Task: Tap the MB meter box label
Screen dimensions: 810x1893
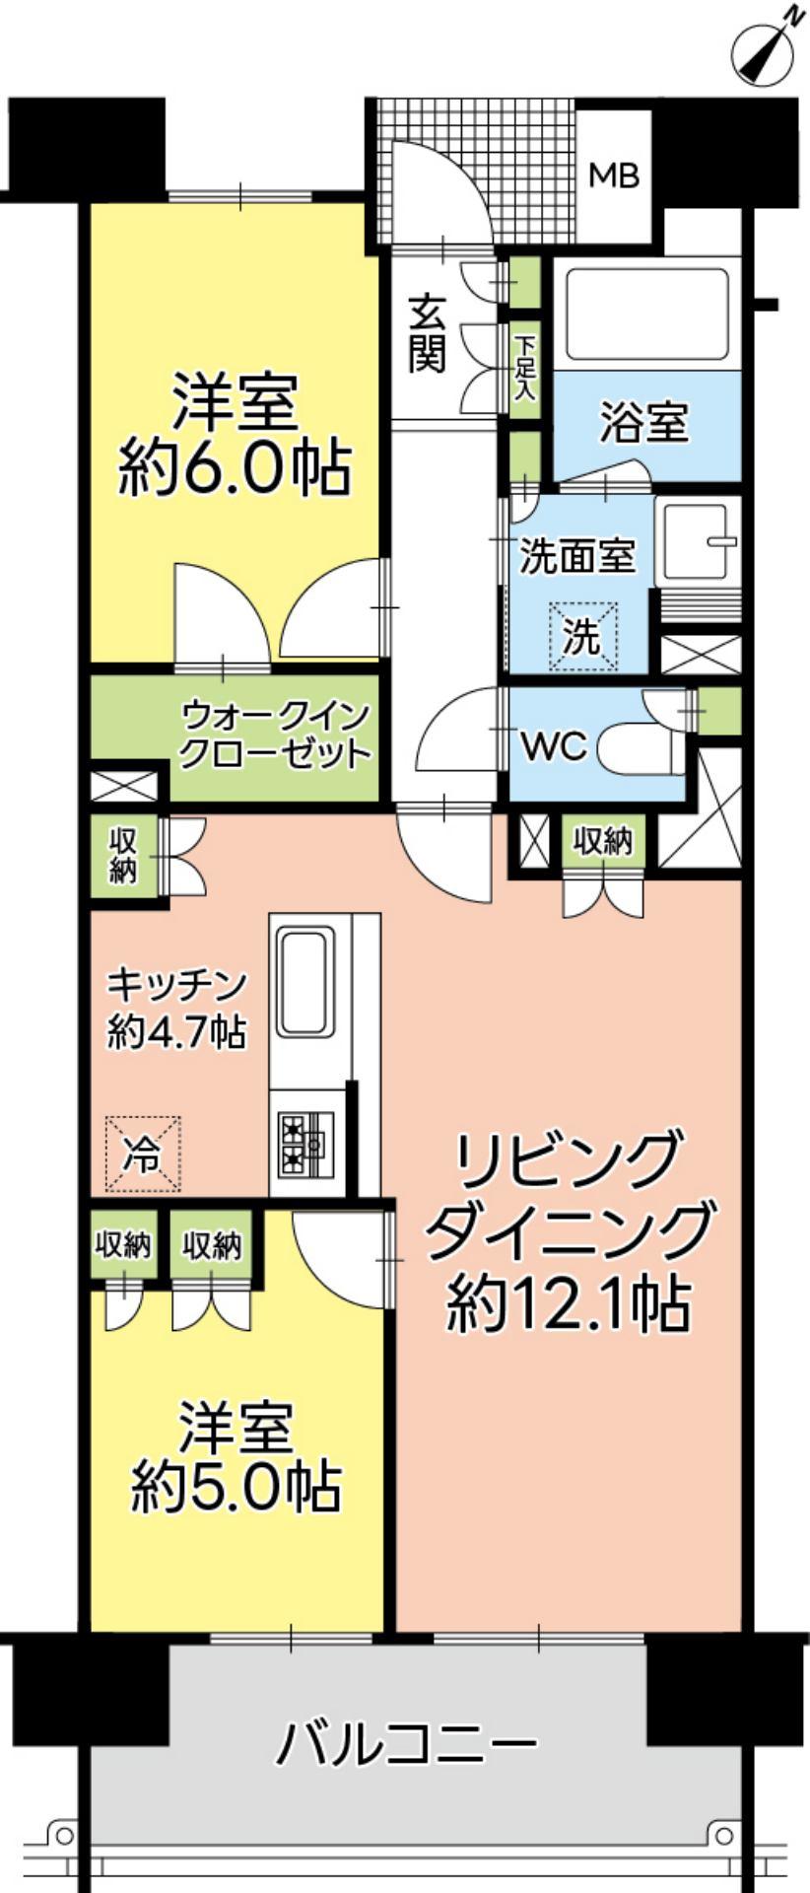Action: click(614, 176)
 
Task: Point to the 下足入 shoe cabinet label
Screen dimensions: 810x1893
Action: click(525, 365)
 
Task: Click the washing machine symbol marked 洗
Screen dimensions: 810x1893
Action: click(582, 637)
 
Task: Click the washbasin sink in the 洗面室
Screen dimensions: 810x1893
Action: click(699, 541)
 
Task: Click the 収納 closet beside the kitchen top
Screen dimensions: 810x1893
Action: click(123, 855)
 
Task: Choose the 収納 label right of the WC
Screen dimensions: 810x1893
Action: click(603, 841)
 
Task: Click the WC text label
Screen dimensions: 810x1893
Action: click(554, 747)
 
